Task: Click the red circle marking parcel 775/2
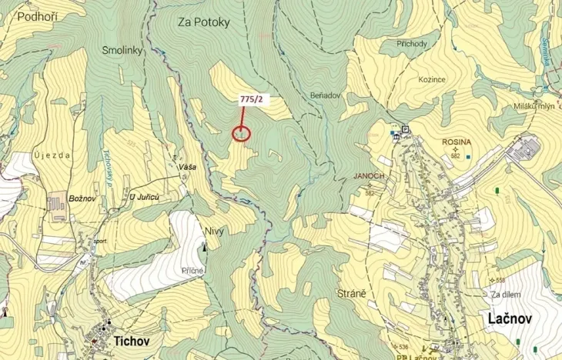pyautogui.click(x=241, y=134)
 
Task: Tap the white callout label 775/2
pyautogui.click(x=251, y=99)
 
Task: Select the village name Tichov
pyautogui.click(x=130, y=339)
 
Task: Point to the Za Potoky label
pyautogui.click(x=204, y=22)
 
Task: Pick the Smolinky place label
pyautogui.click(x=123, y=49)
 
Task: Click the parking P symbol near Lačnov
pyautogui.click(x=405, y=128)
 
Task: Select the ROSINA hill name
pyautogui.click(x=457, y=142)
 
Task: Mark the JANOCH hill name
pyautogui.click(x=369, y=175)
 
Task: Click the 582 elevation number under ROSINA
pyautogui.click(x=455, y=156)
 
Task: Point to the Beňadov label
pyautogui.click(x=326, y=95)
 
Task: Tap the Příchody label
pyautogui.click(x=412, y=45)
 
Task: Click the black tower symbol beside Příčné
pyautogui.click(x=203, y=247)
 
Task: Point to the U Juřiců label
pyautogui.click(x=145, y=198)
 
